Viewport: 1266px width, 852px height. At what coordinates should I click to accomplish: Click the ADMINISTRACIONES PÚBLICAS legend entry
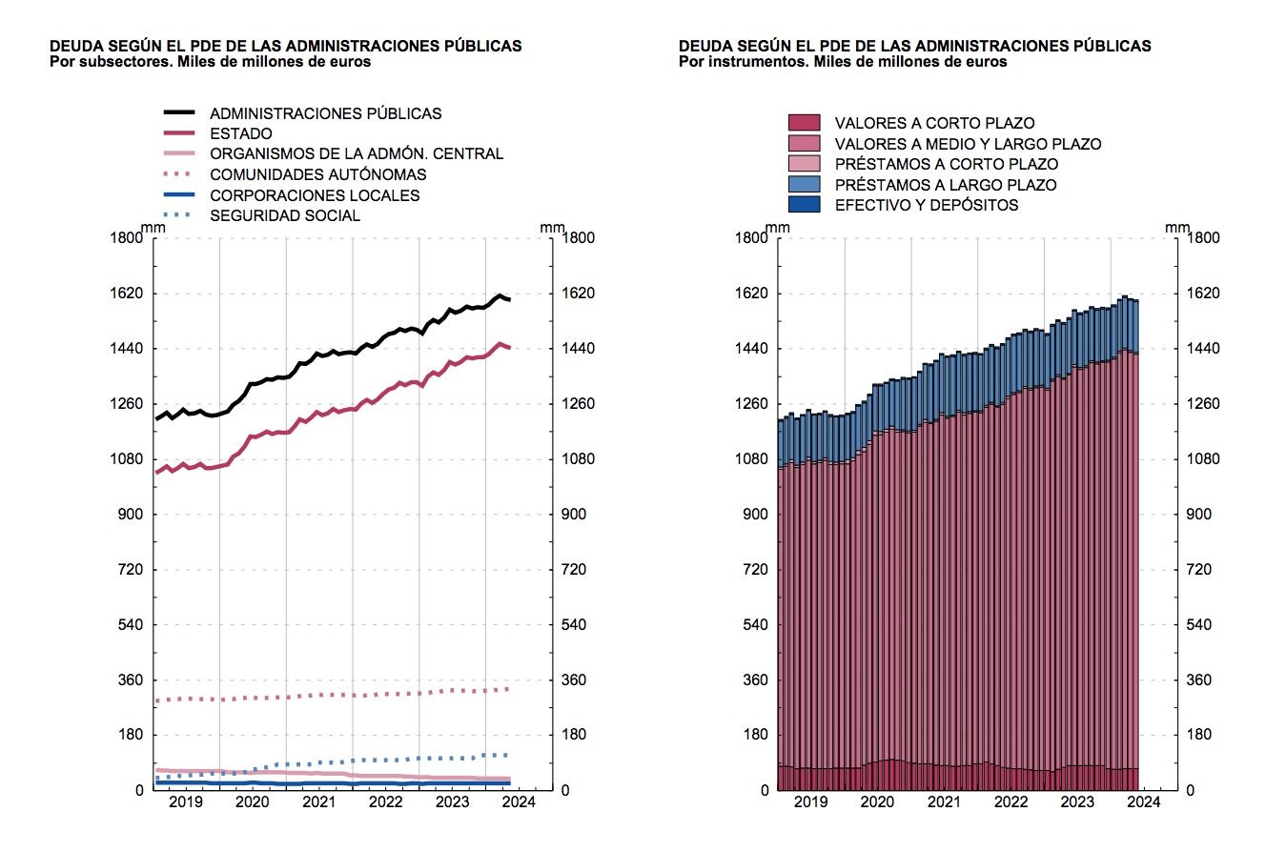pos(325,113)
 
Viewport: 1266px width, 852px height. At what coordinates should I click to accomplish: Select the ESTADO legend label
pos(240,134)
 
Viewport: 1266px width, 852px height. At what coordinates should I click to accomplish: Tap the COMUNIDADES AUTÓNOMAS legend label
pos(317,174)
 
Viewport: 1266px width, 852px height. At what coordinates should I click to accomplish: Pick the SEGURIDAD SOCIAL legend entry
pos(285,215)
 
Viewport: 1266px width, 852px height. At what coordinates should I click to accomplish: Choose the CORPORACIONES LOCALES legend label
pos(314,195)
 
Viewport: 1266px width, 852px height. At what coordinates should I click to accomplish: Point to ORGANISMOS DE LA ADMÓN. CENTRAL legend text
pos(357,154)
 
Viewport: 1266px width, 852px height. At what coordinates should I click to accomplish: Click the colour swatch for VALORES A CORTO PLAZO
pos(804,123)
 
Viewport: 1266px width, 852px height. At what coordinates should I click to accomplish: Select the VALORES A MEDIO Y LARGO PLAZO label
pos(968,144)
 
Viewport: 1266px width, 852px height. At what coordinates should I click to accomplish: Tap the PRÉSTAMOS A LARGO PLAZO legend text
pos(946,185)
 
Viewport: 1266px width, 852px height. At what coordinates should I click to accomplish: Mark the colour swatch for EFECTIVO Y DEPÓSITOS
pos(804,205)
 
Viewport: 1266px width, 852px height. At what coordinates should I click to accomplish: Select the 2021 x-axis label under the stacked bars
pos(944,803)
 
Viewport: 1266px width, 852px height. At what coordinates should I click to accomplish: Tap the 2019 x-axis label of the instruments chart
pos(811,803)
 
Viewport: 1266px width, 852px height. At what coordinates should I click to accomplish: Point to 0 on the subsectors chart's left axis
pos(138,790)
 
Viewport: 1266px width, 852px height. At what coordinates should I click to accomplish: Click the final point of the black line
pos(511,300)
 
